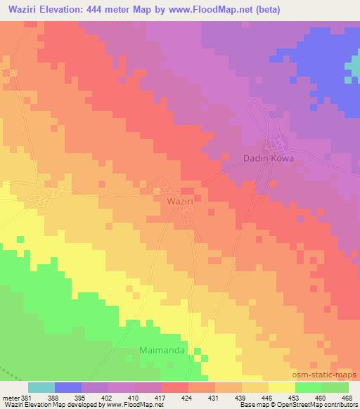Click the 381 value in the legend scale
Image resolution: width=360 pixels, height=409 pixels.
point(27,398)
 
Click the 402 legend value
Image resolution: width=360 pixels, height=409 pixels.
point(107,398)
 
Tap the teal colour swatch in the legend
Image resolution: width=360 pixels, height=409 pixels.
point(41,387)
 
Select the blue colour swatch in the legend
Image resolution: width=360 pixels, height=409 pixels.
point(67,387)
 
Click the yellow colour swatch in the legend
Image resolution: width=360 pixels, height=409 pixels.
point(281,387)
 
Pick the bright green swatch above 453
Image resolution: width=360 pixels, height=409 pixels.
point(308,387)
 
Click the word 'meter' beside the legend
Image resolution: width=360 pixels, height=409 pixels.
point(9,398)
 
